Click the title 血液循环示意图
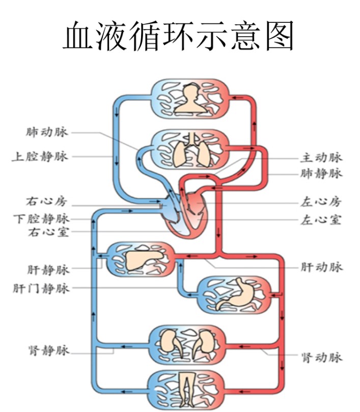179,35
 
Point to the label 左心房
321,202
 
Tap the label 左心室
321,220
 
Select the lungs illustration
189,151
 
